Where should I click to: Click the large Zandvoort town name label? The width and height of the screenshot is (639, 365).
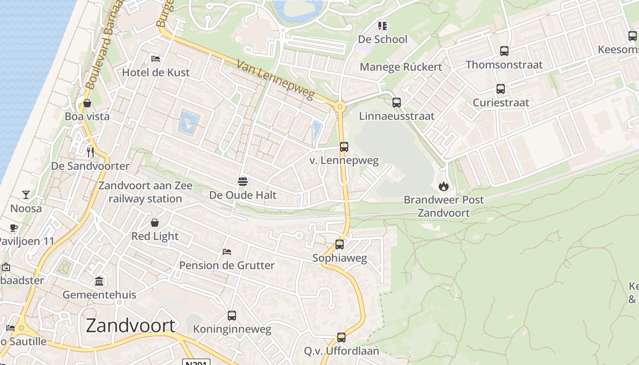point(131,326)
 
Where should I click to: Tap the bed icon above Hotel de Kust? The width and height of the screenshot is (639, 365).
point(156,59)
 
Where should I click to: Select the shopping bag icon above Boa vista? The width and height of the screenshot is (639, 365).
point(87,103)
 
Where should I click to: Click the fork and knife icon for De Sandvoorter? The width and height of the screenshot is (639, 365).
point(90,152)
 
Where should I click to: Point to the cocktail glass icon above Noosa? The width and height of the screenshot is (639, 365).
point(26,195)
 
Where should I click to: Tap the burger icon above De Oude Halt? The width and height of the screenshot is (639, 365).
point(243,182)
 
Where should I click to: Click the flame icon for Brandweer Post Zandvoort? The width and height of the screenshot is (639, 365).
point(443,186)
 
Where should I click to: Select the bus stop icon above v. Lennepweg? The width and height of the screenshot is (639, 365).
point(344,147)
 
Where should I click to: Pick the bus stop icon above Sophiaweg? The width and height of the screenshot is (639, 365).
point(340,245)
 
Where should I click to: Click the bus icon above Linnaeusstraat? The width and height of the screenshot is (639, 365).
point(397,103)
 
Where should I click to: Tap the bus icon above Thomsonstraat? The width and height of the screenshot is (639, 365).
point(504,51)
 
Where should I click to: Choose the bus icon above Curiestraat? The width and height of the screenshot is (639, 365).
point(501,89)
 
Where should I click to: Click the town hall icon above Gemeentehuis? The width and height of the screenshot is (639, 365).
point(99,281)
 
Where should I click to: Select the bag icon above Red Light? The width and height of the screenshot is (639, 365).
point(155,223)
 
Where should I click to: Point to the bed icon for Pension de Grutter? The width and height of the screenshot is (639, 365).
point(227,251)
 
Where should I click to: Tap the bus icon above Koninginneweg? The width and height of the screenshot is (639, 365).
point(232,315)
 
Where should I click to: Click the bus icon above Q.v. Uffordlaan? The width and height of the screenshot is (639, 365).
point(341,338)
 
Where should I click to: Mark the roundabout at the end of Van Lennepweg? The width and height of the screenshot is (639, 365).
point(340,107)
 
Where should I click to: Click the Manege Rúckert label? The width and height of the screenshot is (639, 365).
point(401,67)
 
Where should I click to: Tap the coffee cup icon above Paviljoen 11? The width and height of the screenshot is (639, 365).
point(14,228)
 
